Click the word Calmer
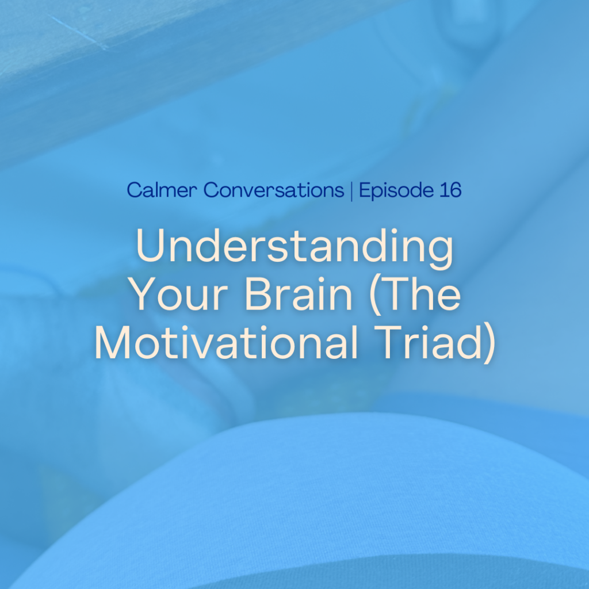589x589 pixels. coord(162,190)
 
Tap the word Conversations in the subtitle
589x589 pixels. coord(274,190)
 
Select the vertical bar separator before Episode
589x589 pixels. coord(351,191)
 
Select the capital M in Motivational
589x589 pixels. coord(113,342)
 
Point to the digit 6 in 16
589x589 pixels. coord(454,190)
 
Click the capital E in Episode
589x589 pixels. coord(365,190)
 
